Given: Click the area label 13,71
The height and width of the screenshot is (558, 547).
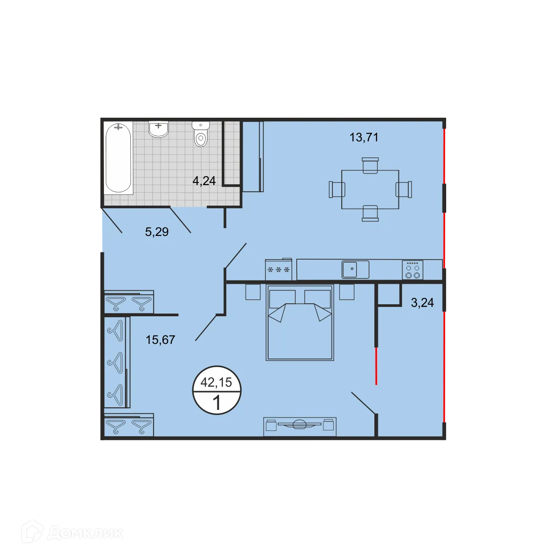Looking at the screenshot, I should click(364, 137).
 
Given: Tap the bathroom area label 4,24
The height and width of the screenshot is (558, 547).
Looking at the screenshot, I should click(204, 181).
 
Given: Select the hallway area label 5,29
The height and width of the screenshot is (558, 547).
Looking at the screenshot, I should click(157, 232).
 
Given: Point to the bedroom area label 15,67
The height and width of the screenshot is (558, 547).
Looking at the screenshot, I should click(160, 340).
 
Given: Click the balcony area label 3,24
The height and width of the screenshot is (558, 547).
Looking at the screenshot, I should click(422, 303).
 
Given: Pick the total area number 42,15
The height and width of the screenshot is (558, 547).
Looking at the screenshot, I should click(216, 382).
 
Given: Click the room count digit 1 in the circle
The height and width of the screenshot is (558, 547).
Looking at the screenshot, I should click(217, 403).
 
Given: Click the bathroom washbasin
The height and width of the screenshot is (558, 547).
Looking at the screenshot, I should click(158, 129).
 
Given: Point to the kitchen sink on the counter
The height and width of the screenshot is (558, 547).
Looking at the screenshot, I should click(355, 269).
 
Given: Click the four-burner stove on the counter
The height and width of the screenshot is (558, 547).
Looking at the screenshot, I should click(412, 270).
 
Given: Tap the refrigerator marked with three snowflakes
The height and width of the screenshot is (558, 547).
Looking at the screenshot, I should click(278, 270).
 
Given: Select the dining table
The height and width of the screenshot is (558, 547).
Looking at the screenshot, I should click(370, 189).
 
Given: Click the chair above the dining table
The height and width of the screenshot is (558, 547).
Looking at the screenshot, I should click(370, 165).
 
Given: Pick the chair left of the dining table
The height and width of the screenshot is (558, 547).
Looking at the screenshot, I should click(337, 189).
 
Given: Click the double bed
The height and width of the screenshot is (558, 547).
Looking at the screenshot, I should click(300, 322).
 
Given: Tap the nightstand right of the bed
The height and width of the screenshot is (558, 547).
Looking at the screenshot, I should click(347, 292).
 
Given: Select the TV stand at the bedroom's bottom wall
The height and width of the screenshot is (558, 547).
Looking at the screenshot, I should click(299, 426).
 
